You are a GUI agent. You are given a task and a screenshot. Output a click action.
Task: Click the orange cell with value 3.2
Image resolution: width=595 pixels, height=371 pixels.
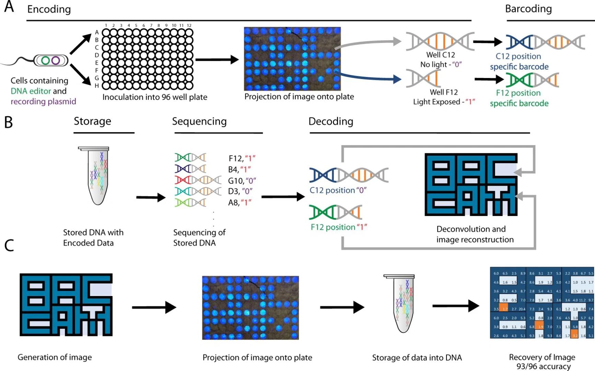[574, 336]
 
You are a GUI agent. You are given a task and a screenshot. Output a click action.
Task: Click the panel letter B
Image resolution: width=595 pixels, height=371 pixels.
[9, 122]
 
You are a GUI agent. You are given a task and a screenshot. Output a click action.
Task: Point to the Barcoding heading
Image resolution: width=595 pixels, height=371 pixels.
[528, 9]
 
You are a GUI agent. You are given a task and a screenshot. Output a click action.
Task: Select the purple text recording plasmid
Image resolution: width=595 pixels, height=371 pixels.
[43, 101]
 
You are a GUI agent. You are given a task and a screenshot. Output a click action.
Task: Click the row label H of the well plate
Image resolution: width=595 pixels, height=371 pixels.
[97, 86]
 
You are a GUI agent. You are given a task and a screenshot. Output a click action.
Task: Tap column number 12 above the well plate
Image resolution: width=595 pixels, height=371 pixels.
[189, 25]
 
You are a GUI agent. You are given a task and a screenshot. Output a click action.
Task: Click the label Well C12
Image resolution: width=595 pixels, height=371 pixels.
[440, 55]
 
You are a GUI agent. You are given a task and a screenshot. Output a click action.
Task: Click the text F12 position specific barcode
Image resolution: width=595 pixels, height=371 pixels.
[519, 98]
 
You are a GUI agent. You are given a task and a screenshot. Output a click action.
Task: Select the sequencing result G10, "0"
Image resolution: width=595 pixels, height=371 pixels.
[242, 181]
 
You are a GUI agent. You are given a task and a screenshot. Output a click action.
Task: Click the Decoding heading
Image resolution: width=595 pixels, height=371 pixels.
[330, 121]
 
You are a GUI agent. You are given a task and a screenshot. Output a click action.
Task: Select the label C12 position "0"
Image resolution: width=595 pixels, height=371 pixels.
[338, 190]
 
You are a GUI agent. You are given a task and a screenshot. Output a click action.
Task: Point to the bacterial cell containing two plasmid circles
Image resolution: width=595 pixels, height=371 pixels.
[51, 61]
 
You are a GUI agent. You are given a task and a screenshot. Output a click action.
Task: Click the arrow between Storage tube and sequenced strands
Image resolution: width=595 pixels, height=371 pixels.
[151, 197]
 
